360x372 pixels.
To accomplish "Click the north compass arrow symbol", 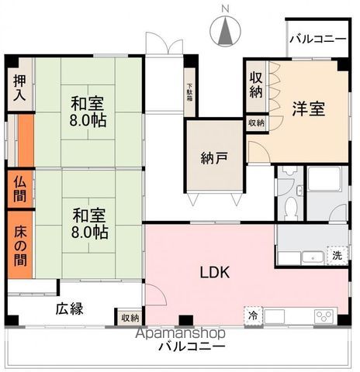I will pos(225,31).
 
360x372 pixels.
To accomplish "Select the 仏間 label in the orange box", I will pos(21,189).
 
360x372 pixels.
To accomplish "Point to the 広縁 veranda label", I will pos(68,308).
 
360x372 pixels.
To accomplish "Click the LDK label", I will pos(214,273).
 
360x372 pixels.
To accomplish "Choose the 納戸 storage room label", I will pos(214,160).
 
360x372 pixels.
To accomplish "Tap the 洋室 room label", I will pos(308,108).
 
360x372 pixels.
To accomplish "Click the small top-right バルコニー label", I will pos(318,39).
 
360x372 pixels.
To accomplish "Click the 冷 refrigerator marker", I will pos(253,315).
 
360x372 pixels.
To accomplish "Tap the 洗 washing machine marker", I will pos(337,255).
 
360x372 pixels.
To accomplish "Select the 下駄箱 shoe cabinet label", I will pos(189,95).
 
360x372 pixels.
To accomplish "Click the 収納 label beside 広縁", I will pos(130,317).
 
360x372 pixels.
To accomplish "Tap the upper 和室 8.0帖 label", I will pos(90,112).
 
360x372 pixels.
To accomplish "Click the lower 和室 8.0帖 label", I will pos(91,222).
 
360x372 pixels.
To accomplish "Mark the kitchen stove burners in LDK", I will pos(323,315).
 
